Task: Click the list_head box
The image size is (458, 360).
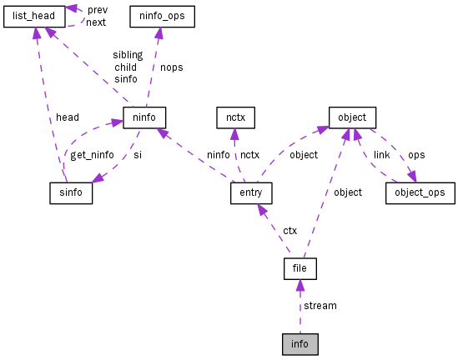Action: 34,16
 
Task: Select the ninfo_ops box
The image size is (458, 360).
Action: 162,16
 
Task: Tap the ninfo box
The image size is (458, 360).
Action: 144,117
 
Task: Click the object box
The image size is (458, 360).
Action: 352,117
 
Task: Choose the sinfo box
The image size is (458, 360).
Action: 71,193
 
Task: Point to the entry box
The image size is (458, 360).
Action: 251,193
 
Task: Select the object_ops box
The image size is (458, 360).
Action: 420,193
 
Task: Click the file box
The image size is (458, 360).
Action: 299,269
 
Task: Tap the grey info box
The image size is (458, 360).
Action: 299,343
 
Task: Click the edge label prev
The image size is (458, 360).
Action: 98,10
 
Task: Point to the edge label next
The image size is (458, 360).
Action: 96,22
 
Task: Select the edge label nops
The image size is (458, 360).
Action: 171,67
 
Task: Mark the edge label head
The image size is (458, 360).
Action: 68,117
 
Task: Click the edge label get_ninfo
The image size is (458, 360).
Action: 91,155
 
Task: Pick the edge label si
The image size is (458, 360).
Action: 138,155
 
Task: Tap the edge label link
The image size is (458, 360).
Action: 381,155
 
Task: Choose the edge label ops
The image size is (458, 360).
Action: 415,155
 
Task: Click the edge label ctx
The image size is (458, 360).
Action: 289,230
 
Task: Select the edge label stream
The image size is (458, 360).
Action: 320,306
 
